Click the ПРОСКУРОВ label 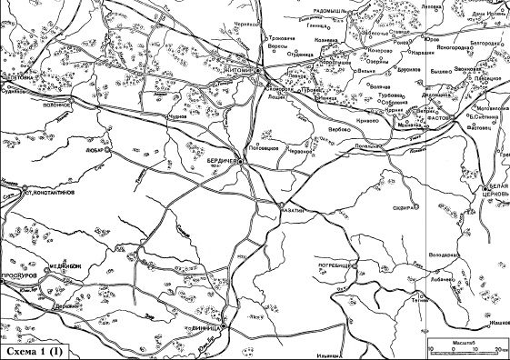[x=21, y=274]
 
